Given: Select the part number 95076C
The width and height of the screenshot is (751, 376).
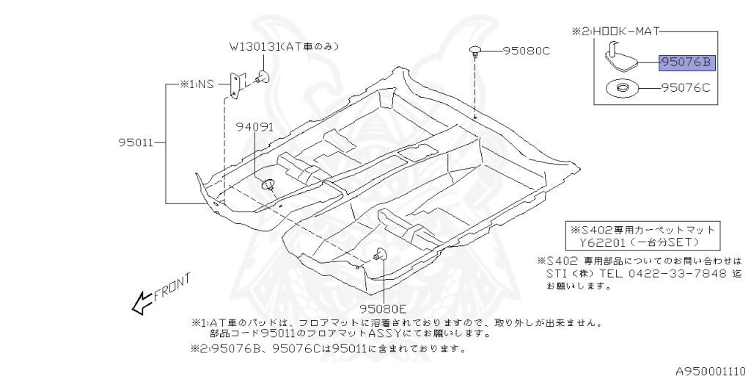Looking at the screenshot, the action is (x=686, y=89).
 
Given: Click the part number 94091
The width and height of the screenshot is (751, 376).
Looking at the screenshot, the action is (x=254, y=126).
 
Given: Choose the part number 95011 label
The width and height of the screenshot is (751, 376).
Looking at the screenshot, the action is (x=135, y=142).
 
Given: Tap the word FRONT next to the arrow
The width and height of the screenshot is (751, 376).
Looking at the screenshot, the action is (x=172, y=287).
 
